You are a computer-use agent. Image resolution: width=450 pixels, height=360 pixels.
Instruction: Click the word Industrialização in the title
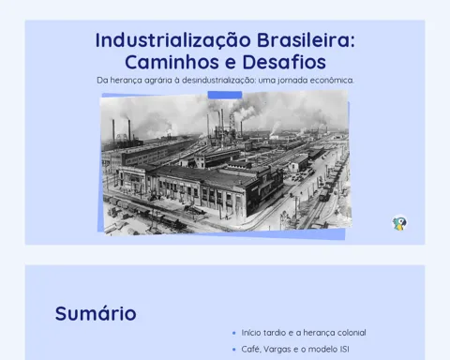point(173,40)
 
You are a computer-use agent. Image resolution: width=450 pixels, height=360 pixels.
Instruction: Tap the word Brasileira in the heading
point(306,40)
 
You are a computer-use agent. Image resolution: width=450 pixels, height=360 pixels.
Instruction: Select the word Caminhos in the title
point(172,62)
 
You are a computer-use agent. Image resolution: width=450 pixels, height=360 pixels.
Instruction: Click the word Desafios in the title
point(284,62)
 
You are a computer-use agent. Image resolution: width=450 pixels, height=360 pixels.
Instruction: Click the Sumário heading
point(96,313)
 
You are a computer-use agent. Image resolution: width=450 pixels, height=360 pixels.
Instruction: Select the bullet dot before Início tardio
point(234,333)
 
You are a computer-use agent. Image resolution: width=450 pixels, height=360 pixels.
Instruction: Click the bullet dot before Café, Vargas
point(234,350)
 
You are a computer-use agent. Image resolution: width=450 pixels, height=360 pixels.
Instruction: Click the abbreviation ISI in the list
point(344,349)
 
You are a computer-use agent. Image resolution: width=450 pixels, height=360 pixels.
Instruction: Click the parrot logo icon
point(399,223)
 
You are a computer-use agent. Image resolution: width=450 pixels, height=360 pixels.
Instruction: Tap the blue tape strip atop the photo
point(225,95)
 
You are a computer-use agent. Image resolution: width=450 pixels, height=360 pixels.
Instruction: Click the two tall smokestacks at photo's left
point(122,129)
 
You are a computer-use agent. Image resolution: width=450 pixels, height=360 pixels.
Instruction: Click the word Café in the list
point(251,349)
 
